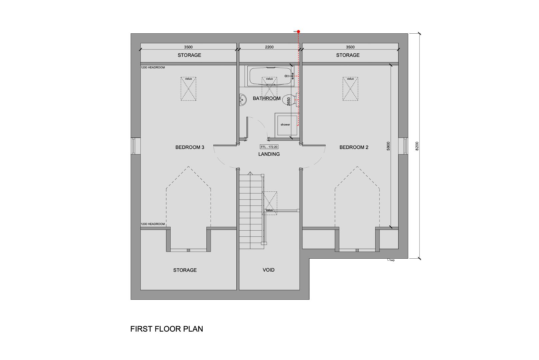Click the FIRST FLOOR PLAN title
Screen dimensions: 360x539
pos(166,329)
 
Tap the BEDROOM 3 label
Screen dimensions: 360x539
pos(190,147)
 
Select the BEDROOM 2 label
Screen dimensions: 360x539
pos(354,147)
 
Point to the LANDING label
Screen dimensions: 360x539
pos(269,154)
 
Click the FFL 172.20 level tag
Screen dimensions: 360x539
pos(269,147)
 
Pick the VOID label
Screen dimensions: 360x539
pos(268,270)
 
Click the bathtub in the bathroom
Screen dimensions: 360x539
pos(270,76)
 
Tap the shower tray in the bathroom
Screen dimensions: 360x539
pos(285,125)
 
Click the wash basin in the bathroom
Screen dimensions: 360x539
pos(242,99)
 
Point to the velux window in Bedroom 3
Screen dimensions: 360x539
pos(188,89)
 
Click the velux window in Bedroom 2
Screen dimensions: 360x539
pos(350,89)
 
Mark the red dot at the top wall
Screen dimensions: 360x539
pos(298,32)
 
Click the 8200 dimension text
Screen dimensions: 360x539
pos(416,146)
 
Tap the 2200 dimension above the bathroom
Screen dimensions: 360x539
pos(269,47)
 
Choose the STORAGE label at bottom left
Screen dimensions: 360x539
pos(185,270)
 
